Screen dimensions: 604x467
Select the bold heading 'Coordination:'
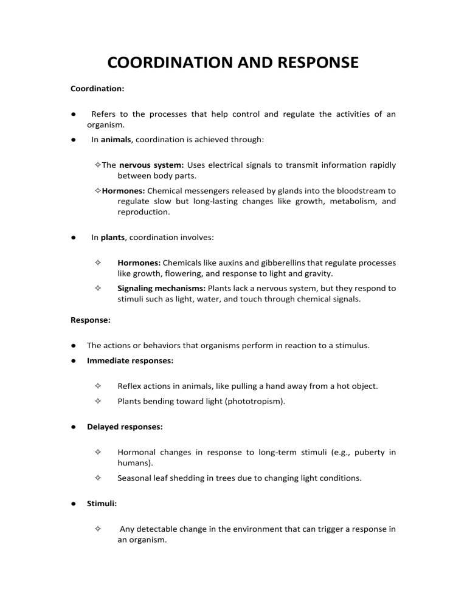click(98, 88)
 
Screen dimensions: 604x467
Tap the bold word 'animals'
click(116, 139)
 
